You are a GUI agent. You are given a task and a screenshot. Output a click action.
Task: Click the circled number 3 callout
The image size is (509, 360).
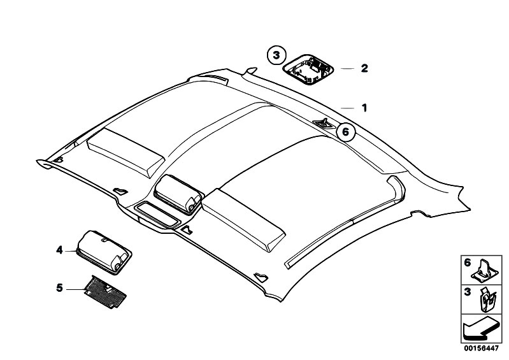276,55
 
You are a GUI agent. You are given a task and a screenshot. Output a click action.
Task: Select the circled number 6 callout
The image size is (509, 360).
345,132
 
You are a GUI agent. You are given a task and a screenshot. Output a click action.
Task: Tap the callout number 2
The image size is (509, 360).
364,68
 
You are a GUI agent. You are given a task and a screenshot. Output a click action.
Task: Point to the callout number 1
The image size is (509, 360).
364,108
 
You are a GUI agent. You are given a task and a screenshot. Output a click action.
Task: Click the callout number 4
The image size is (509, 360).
59,250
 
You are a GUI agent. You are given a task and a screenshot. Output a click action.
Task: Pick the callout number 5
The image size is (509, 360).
59,287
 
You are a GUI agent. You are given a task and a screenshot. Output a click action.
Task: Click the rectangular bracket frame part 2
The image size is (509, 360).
308,69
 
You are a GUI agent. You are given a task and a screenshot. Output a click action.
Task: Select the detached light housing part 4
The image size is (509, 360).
104,252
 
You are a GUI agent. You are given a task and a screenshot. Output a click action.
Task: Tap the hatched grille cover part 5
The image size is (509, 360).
105,292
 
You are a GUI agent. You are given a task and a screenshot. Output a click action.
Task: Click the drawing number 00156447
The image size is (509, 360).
481,349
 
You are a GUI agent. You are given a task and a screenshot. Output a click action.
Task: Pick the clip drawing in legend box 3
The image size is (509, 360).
487,300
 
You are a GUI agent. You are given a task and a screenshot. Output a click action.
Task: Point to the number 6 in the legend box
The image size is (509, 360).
467,263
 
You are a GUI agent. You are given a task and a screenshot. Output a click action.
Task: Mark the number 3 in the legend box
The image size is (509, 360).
467,292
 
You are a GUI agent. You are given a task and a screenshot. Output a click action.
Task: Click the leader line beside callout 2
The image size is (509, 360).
347,68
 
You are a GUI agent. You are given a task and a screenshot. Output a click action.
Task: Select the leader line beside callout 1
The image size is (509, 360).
347,108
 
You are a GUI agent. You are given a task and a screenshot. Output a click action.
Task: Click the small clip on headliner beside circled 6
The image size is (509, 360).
324,124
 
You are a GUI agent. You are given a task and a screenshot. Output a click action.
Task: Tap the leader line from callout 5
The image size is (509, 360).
76,289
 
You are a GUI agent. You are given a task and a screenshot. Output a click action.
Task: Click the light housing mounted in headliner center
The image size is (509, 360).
178,194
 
